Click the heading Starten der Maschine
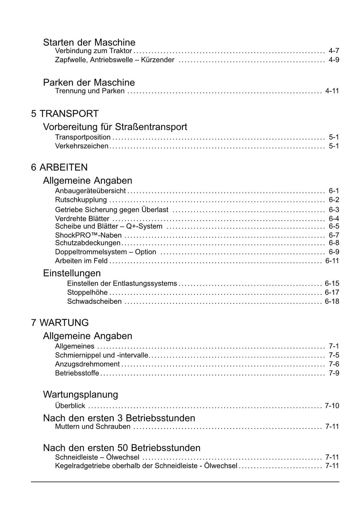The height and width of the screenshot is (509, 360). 89,42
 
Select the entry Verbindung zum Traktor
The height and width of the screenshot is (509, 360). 94,51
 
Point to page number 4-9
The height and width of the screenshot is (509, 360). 334,60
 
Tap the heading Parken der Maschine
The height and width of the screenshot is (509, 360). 89,82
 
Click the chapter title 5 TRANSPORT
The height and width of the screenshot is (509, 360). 65,114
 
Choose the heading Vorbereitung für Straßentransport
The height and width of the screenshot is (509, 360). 115,127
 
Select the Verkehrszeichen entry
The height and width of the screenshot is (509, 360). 82,146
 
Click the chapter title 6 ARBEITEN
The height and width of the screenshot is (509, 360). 59,167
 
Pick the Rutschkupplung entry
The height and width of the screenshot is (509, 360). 81,200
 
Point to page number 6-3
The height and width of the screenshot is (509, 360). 334,210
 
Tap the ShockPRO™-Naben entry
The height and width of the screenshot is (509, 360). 88,235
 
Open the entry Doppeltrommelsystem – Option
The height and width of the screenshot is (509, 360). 105,252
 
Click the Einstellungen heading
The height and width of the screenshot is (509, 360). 72,273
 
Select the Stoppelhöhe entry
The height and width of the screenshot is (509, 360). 87,292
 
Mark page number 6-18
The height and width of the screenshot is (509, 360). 332,301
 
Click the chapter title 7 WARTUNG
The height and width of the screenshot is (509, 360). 60,323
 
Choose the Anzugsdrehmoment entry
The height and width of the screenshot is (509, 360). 87,364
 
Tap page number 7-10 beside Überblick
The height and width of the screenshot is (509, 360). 332,406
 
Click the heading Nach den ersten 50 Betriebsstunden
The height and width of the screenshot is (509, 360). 122,448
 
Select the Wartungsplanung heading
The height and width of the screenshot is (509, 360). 81,394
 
